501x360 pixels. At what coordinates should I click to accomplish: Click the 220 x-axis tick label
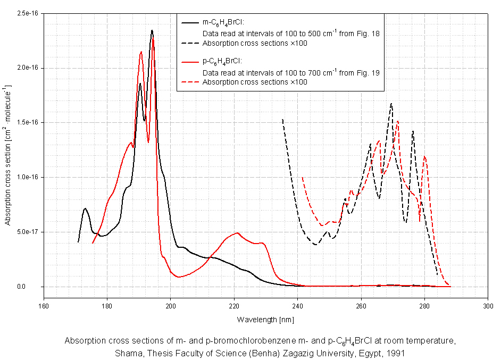234,306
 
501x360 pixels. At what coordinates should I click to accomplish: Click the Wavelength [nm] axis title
265,320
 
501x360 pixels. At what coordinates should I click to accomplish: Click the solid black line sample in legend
189,23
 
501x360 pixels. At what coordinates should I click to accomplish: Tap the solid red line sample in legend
189,62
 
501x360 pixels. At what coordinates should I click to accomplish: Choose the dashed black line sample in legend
189,43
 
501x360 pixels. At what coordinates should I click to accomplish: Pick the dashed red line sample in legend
189,82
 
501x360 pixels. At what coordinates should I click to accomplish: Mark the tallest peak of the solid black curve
152,30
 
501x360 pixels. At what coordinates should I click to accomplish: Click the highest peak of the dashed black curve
391,104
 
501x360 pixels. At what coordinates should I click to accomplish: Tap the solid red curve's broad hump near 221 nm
237,233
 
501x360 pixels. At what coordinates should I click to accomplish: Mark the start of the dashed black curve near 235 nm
282,120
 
